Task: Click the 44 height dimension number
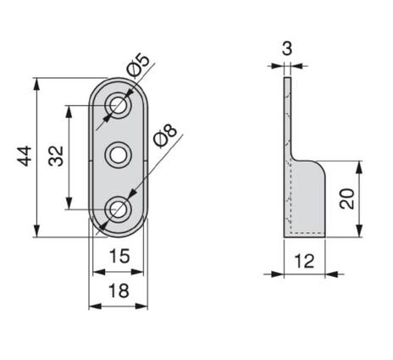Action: [x=25, y=156]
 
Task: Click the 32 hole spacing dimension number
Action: [x=57, y=156]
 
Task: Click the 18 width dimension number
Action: [x=119, y=291]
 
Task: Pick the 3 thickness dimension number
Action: [x=286, y=48]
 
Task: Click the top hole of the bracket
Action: [x=118, y=106]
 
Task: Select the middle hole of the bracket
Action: [x=118, y=156]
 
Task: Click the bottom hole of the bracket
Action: [x=118, y=208]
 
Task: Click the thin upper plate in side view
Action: [x=287, y=119]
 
